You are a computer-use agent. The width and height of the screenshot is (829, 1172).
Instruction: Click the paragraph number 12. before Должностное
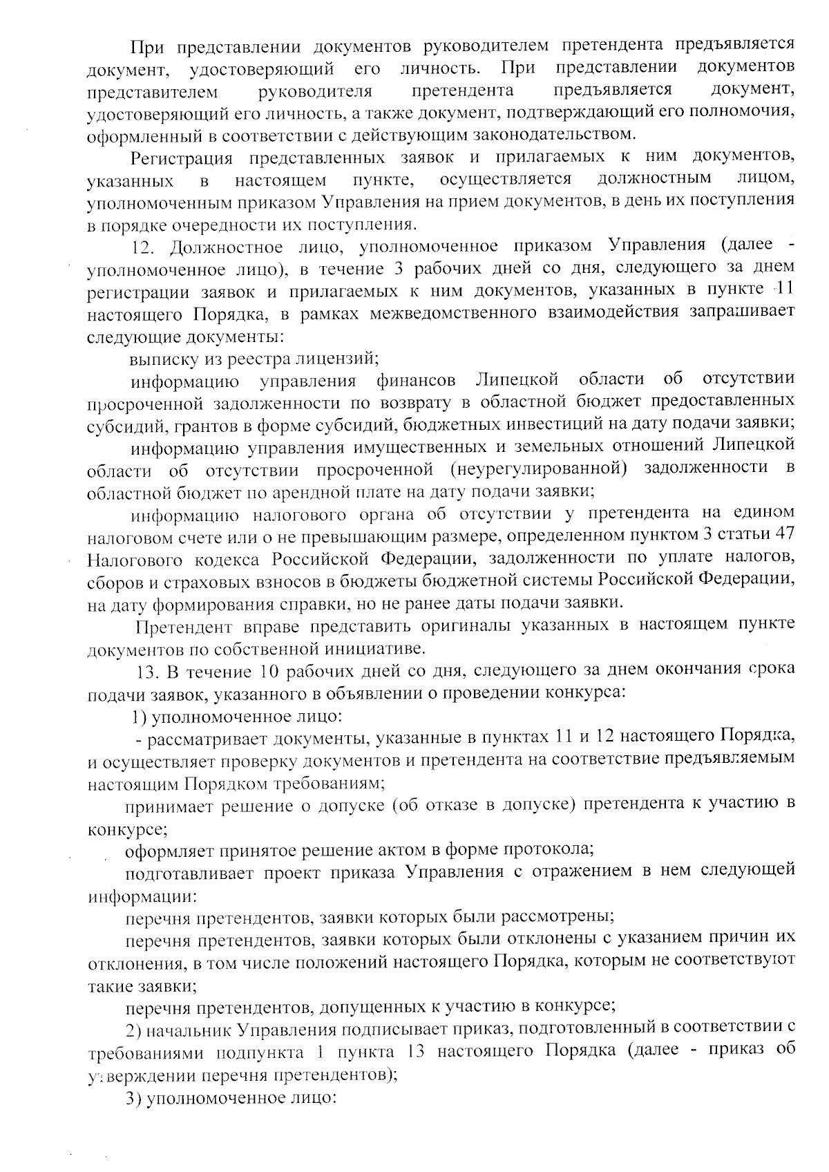146,247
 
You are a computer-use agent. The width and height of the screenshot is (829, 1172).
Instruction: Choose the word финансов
417,380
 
